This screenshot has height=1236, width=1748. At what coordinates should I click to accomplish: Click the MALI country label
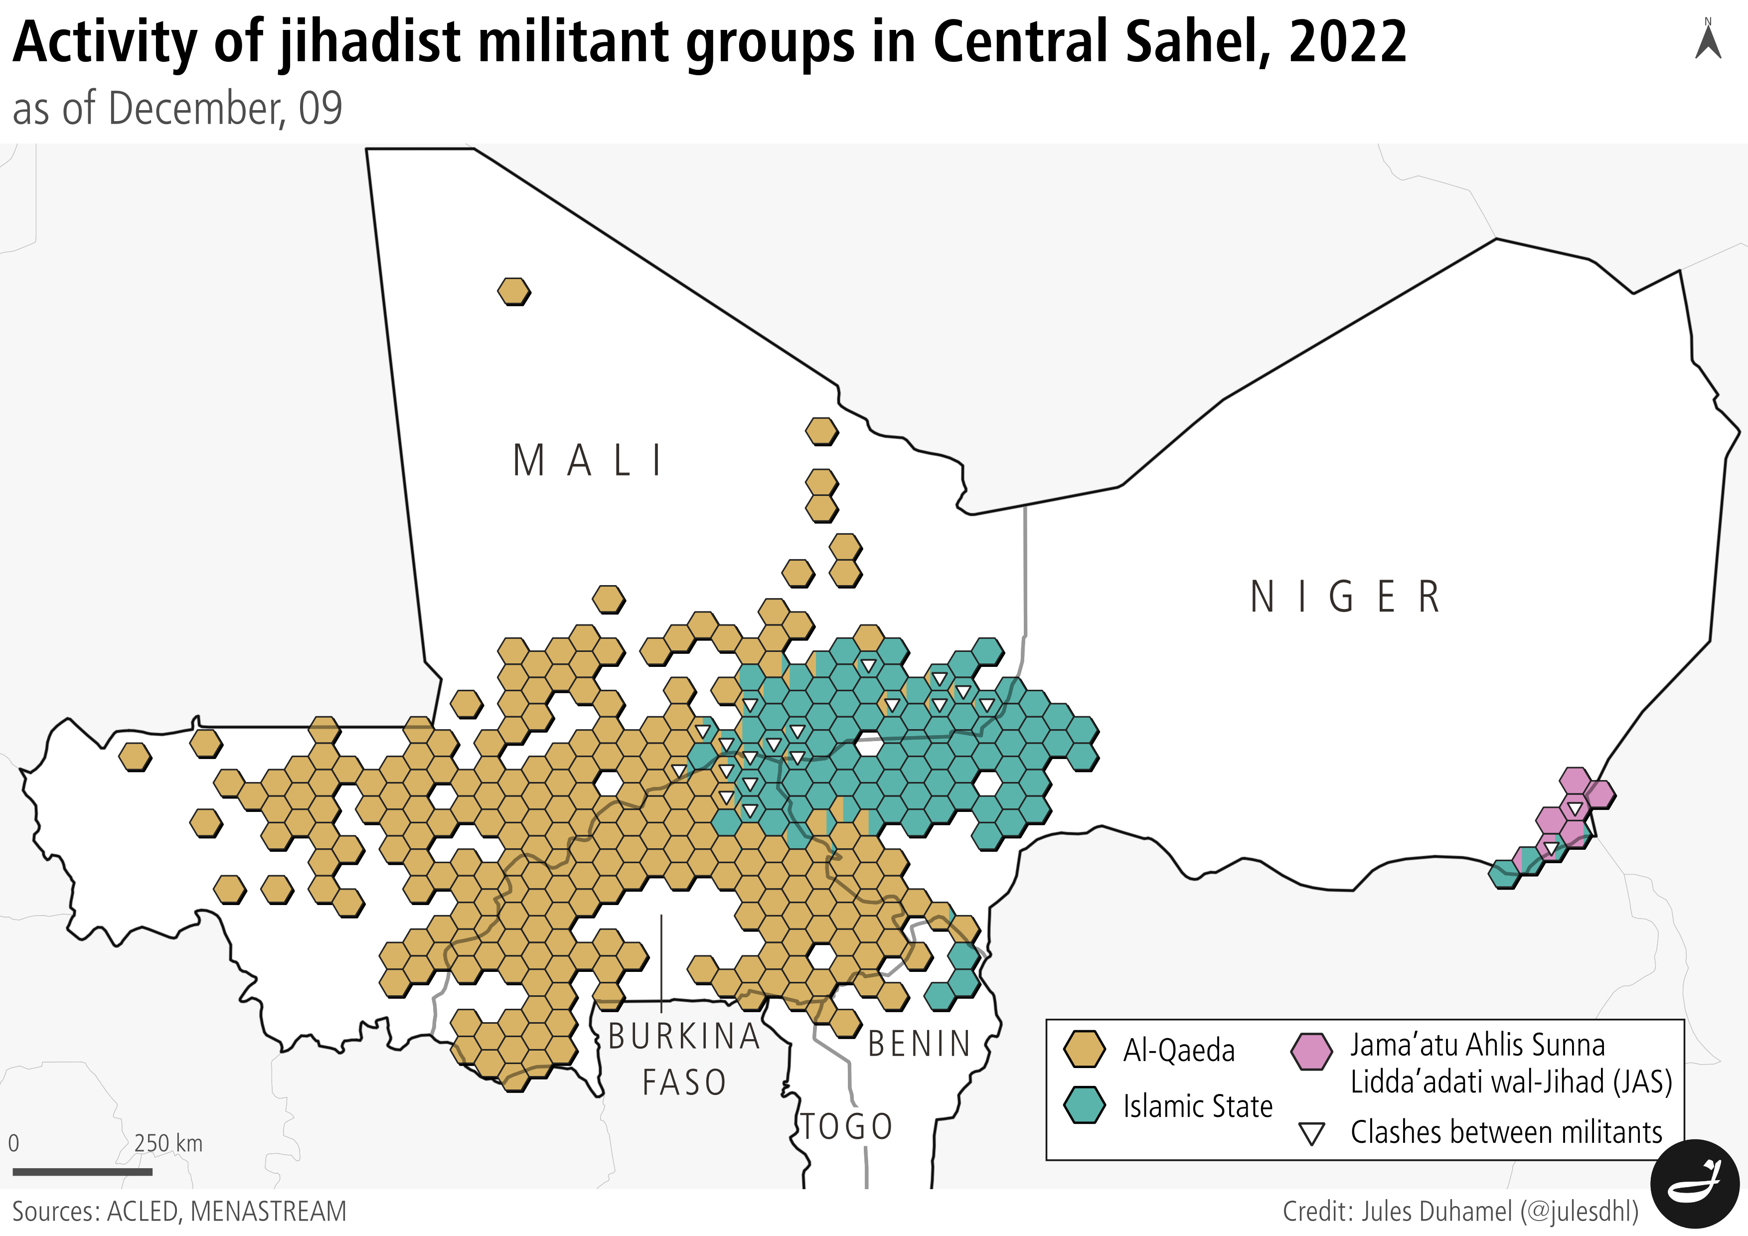coord(588,461)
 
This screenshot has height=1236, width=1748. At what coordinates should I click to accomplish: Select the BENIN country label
coord(920,1044)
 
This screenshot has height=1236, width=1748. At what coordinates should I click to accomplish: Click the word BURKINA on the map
coord(684,1037)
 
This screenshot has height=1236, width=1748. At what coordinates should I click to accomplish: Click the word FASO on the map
coord(684,1083)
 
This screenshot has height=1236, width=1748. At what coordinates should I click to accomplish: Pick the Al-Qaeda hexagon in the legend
coord(1084,1050)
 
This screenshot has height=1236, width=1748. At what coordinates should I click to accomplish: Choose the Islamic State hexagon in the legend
coord(1084,1105)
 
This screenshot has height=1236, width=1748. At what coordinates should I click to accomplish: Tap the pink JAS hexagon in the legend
coord(1311,1051)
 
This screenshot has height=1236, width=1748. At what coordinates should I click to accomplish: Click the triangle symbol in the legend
coord(1311,1134)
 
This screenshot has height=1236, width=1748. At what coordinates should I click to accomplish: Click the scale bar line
coord(82,1172)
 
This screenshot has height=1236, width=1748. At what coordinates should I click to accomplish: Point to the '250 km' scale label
coord(168,1143)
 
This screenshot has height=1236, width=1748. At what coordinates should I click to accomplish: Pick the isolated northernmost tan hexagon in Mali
coord(514,292)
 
